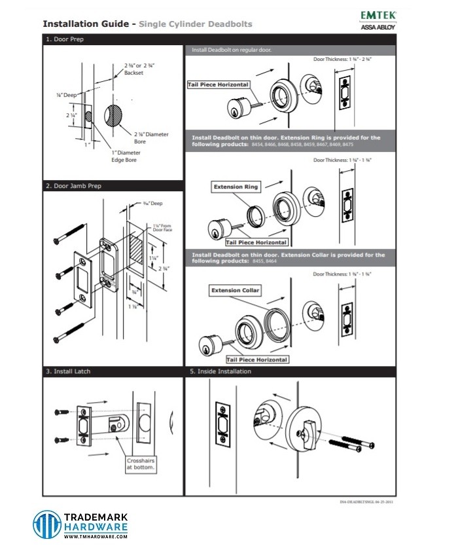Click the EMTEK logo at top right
[378, 14]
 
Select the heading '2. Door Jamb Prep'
[73, 186]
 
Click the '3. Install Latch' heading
[68, 371]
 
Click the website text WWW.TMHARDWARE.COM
[96, 536]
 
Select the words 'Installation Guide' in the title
[85, 24]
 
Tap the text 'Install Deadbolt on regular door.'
[232, 50]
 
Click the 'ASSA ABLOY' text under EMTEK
[378, 27]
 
